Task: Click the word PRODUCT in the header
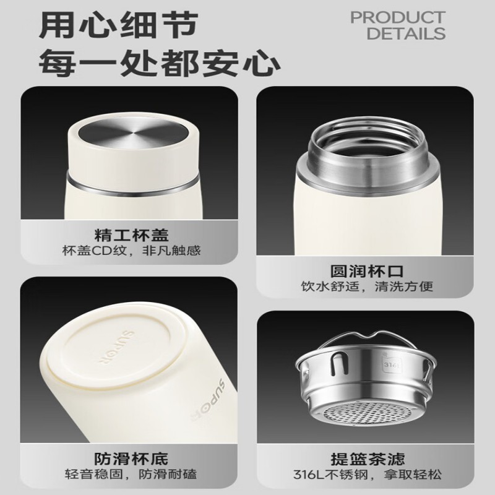(x=398, y=18)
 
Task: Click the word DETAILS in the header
(x=406, y=33)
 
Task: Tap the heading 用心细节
(x=119, y=25)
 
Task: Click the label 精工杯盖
(x=132, y=235)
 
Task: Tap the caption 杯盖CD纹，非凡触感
(x=131, y=251)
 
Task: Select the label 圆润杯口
(x=367, y=271)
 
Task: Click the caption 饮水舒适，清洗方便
(x=367, y=286)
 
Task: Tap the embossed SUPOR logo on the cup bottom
(x=116, y=348)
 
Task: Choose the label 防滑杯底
(x=131, y=458)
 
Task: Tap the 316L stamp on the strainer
(x=390, y=364)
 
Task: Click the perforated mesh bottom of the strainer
(x=367, y=414)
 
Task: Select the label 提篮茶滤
(x=368, y=458)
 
